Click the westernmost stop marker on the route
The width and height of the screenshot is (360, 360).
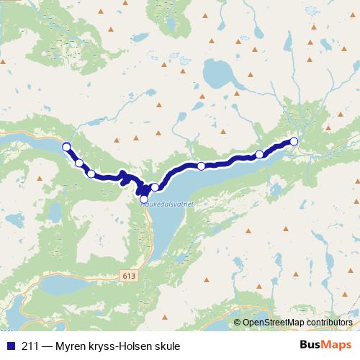point(66,147)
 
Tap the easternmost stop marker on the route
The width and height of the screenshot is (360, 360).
point(294,141)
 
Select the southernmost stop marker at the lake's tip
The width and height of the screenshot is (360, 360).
point(143,199)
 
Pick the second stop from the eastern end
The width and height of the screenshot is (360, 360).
point(259,154)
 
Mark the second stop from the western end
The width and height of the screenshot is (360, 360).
point(79,163)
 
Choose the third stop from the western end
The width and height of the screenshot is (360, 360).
point(91,173)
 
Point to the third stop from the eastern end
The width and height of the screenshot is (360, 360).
point(201,166)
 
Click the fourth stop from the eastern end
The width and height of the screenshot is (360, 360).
point(154,187)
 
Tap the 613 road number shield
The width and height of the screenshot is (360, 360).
point(129,275)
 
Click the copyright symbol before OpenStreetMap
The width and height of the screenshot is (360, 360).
point(237,323)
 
